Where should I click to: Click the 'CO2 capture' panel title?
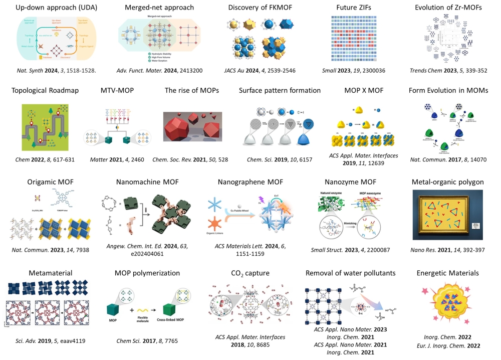point(255,273)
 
